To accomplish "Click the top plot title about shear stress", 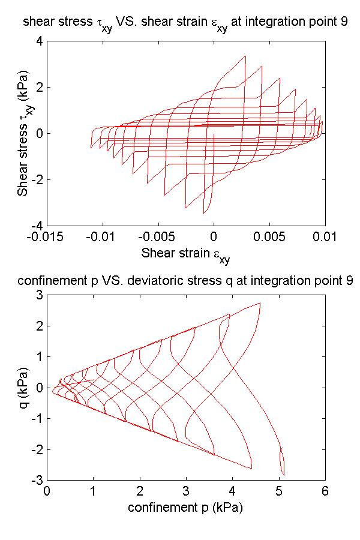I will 185,22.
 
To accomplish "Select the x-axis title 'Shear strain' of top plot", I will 185,253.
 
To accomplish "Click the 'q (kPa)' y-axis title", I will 23,387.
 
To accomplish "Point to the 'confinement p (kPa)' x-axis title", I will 185,508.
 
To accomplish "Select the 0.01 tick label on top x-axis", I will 325,236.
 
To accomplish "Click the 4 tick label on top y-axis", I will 38,41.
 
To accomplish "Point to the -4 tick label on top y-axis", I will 36,225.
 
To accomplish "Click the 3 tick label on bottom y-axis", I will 38,295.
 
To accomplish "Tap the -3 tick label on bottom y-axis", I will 36,481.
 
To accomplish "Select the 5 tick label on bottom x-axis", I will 279,491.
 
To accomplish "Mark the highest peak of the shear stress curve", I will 245,56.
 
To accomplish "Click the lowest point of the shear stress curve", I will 204,214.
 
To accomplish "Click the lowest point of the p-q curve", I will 283,475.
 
